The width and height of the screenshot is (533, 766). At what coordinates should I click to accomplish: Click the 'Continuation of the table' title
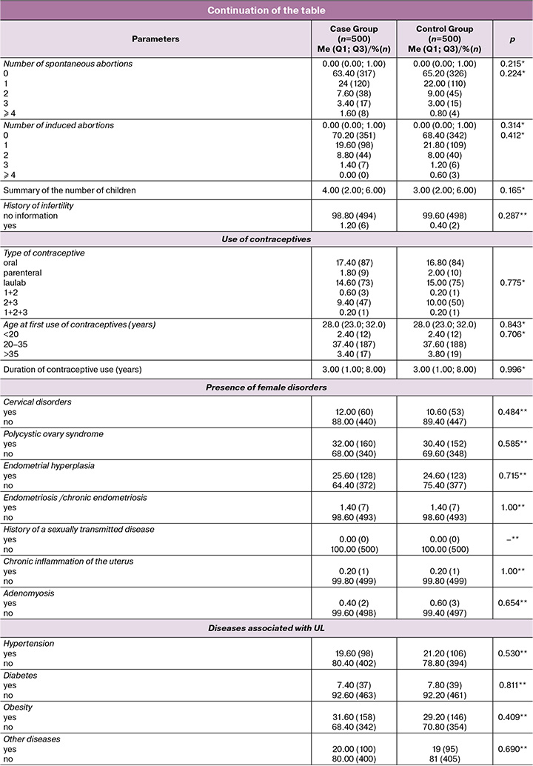tap(266, 10)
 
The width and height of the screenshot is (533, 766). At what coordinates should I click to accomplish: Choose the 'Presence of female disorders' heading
tap(266, 383)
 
